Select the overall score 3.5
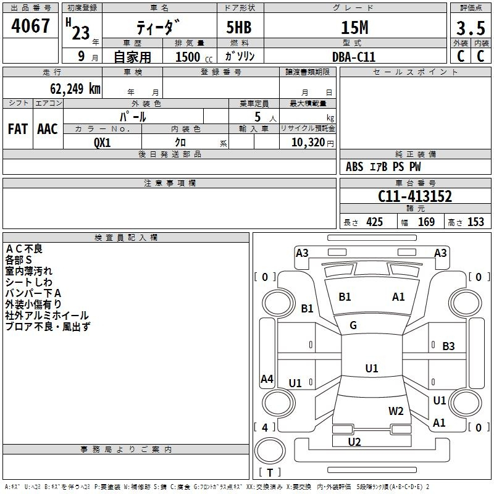pos(471,28)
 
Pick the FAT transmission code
pos(18,128)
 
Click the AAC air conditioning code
pos(48,128)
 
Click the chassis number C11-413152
pos(415,196)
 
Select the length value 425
pos(374,222)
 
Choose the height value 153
pos(475,222)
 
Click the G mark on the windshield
pos(353,325)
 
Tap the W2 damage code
pos(396,411)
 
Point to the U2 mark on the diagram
pos(354,442)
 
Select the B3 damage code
pos(448,346)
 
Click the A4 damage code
pos(267,379)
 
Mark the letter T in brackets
pos(270,472)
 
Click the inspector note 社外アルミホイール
pos(47,316)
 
